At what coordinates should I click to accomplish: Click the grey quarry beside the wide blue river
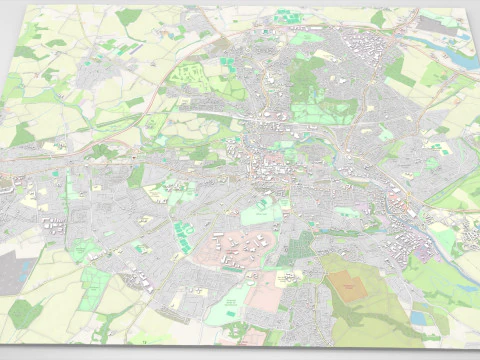click(444, 25)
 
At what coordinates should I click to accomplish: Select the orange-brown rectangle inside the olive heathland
click(349, 285)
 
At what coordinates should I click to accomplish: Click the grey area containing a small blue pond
click(11, 270)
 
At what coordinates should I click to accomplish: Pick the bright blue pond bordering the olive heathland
click(418, 318)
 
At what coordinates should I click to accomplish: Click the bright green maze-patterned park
click(189, 74)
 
